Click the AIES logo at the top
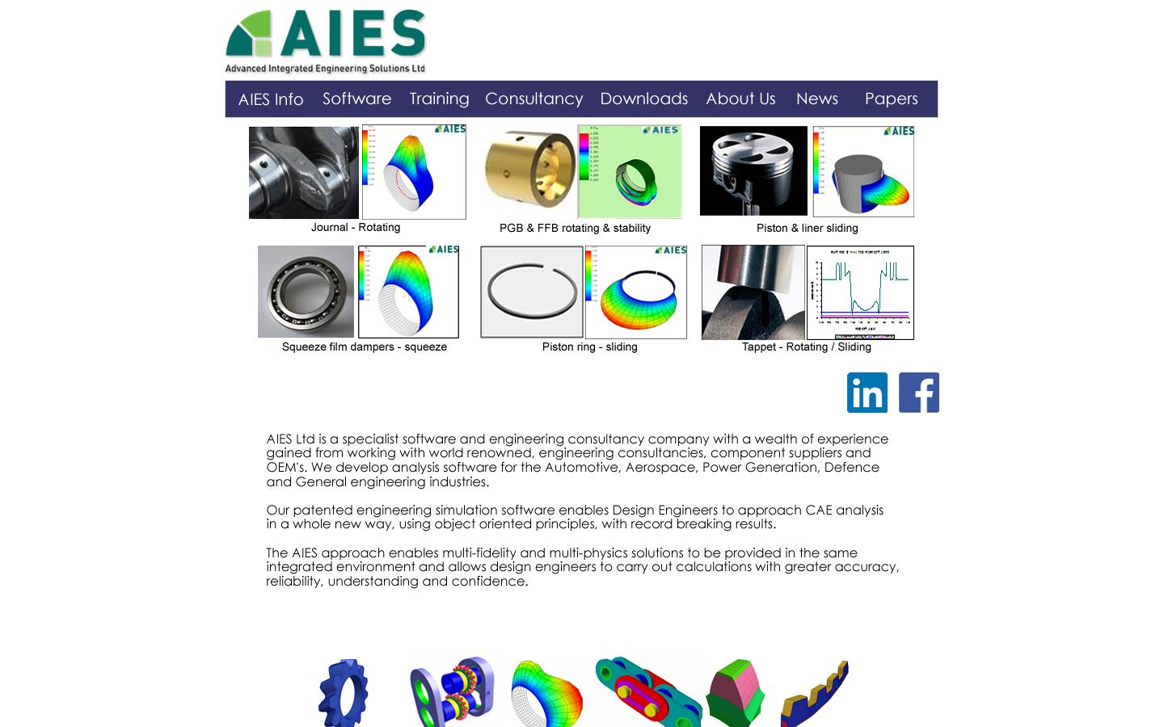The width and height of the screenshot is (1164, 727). tap(325, 41)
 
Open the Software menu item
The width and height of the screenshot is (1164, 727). tap(356, 99)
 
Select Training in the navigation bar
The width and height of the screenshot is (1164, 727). tap(439, 99)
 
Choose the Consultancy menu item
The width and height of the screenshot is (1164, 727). tap(533, 99)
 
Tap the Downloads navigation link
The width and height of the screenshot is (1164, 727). tap(643, 99)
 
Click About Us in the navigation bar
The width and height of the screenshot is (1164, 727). tap(740, 99)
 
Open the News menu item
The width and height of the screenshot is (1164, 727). tap(816, 99)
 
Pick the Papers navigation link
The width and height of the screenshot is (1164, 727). tap(891, 99)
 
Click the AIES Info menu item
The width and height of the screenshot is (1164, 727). tap(271, 99)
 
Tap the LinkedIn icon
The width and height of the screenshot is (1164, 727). tap(867, 393)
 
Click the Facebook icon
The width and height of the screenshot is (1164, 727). tap(919, 393)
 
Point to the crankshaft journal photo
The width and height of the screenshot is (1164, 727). tap(304, 172)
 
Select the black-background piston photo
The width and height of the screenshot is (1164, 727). tap(753, 170)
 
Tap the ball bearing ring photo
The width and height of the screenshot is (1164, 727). tap(306, 292)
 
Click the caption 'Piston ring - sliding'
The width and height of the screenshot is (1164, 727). tap(589, 347)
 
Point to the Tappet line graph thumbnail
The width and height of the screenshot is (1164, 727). tap(860, 292)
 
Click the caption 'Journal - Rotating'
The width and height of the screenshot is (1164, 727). tap(356, 227)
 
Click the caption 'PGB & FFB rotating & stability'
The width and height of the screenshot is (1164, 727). tap(575, 228)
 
